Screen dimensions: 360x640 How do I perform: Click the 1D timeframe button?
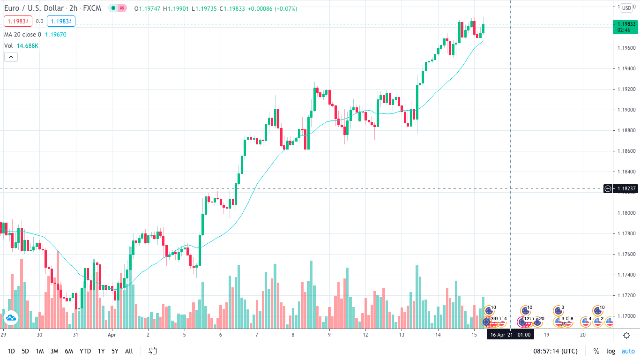[x=11, y=351]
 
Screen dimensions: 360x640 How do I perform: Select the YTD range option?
[x=85, y=351]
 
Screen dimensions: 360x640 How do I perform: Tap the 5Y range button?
[x=115, y=351]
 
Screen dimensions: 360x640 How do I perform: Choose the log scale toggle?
[x=610, y=351]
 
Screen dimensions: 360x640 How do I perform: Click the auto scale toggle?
[x=628, y=351]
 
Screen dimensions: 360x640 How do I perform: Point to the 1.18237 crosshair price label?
[x=625, y=188]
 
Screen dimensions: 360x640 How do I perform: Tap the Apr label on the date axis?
[x=112, y=335]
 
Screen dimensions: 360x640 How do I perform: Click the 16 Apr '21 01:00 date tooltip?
[x=510, y=335]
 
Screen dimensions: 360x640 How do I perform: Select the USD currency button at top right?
[x=626, y=8]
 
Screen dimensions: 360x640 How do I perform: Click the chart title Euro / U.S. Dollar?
[x=33, y=8]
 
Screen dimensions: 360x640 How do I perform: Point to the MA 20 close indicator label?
[x=22, y=34]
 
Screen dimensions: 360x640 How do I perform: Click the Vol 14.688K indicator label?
[x=21, y=45]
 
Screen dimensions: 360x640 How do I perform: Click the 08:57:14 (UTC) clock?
[x=555, y=351]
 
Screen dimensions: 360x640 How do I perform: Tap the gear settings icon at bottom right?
[x=626, y=335]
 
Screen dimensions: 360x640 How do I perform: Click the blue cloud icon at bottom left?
[x=10, y=318]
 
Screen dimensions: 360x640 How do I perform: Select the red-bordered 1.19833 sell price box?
[x=18, y=21]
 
